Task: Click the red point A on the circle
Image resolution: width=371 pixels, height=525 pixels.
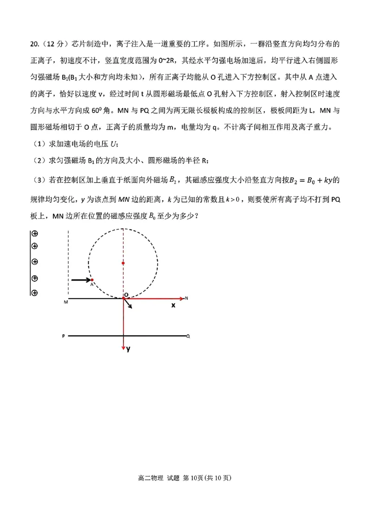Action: (x=92, y=280)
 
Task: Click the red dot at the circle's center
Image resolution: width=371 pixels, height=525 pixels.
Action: (x=123, y=263)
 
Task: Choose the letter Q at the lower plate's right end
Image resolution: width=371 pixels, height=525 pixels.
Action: (x=188, y=335)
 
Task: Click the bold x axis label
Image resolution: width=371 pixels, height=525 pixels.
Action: (x=173, y=306)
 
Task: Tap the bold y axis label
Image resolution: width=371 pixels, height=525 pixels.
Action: (x=128, y=350)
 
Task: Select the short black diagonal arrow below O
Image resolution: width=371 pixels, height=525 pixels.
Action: (x=128, y=303)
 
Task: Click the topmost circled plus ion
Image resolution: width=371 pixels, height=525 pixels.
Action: (x=34, y=234)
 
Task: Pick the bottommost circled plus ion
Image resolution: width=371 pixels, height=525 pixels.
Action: (x=34, y=293)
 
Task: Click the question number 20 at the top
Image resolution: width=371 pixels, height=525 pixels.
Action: (x=34, y=45)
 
